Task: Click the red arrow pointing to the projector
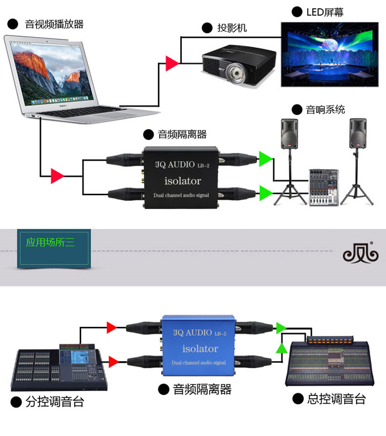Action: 172,62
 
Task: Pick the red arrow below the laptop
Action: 57,175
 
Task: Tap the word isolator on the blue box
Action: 200,349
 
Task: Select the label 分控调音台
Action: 57,402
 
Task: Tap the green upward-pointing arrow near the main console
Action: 281,348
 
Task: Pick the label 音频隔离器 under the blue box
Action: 202,389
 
